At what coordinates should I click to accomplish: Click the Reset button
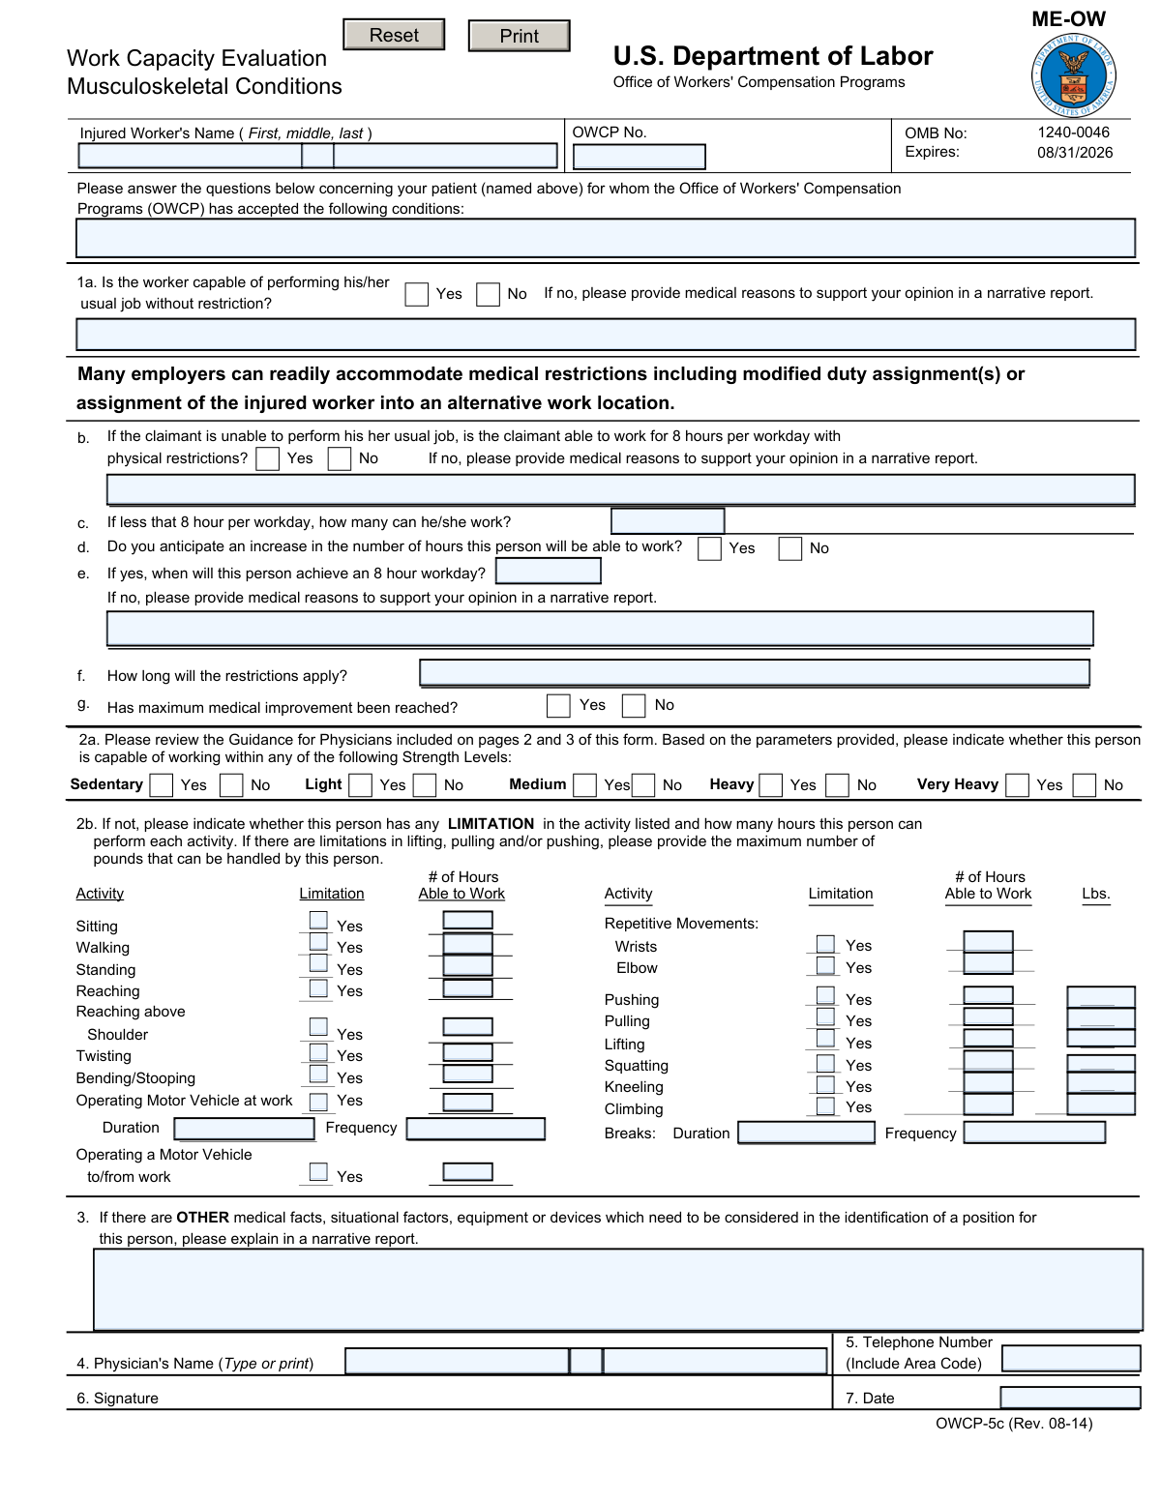point(394,35)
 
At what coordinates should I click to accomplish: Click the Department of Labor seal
point(1073,77)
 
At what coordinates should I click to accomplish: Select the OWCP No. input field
point(639,157)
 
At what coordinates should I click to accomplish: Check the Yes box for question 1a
point(417,294)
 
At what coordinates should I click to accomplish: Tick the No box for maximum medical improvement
point(634,706)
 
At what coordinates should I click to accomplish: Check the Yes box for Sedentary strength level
point(162,785)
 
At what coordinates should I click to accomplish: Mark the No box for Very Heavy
point(1085,785)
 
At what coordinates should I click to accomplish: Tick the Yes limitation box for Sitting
point(318,920)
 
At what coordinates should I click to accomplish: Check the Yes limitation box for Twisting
point(318,1052)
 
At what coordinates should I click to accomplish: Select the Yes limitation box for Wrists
point(825,944)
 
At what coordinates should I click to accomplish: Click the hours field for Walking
point(467,943)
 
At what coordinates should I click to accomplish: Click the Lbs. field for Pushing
point(1100,996)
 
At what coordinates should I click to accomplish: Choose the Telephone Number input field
point(1070,1359)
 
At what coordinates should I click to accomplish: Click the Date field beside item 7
point(1069,1398)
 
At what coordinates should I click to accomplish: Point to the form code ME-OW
point(1068,19)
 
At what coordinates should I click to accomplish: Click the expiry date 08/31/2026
point(1075,153)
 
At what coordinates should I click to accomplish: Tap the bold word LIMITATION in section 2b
point(491,824)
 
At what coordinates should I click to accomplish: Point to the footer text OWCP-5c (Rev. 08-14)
point(1014,1424)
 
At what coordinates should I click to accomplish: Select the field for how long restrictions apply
point(755,673)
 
